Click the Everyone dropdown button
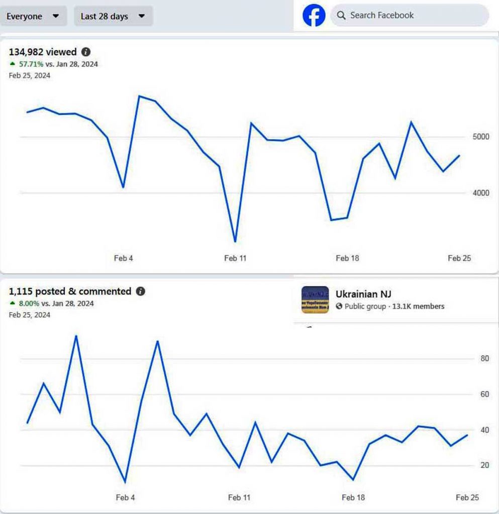(x=33, y=17)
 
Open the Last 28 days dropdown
(x=113, y=17)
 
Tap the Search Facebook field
(x=409, y=16)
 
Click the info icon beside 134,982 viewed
(x=86, y=52)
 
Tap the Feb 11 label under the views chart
(x=235, y=259)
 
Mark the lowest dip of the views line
(x=235, y=241)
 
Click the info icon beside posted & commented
(x=141, y=291)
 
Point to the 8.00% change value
(x=29, y=304)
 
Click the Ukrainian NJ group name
(x=363, y=294)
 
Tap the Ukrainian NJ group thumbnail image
(x=315, y=300)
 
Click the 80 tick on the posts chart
(x=485, y=358)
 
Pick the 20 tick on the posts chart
(x=485, y=465)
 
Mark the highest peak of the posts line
(x=76, y=335)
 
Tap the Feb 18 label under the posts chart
(x=353, y=497)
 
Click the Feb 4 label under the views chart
(x=124, y=259)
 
